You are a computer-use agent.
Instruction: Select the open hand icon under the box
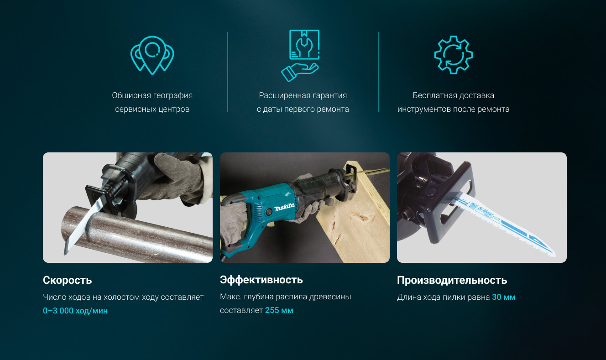300,72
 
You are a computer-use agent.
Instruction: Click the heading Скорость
68,280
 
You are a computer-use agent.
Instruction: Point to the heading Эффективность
261,280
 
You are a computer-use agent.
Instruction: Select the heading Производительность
452,281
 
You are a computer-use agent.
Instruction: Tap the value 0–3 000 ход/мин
75,311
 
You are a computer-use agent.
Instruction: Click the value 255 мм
279,310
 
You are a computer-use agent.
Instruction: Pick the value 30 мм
503,297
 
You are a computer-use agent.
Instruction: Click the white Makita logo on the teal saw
284,207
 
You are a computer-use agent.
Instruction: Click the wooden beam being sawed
357,216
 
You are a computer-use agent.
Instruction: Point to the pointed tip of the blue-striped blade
554,255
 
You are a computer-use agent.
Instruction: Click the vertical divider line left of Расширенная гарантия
228,72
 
